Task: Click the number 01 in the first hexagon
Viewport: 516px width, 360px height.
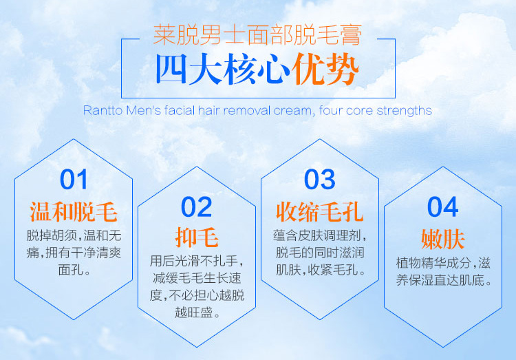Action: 74,180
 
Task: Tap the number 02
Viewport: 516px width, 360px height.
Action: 197,207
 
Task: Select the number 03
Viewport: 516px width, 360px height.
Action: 319,180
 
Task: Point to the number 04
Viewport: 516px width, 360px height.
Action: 442,207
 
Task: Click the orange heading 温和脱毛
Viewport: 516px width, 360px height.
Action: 74,212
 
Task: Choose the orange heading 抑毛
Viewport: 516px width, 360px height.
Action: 197,237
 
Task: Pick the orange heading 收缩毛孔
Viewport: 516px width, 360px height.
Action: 319,212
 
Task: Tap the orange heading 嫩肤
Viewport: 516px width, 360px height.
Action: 443,239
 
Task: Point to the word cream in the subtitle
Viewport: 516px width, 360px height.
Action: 292,111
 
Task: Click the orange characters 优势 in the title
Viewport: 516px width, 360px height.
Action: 325,69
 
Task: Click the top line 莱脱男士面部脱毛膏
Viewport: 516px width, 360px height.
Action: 258,35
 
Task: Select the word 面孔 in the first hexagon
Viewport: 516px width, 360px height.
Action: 70,270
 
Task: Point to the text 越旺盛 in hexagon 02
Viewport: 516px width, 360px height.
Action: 193,313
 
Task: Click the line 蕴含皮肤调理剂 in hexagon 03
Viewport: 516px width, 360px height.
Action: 315,235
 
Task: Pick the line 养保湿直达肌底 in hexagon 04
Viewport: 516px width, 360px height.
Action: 440,281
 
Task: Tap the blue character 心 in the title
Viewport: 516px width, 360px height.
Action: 274,69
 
